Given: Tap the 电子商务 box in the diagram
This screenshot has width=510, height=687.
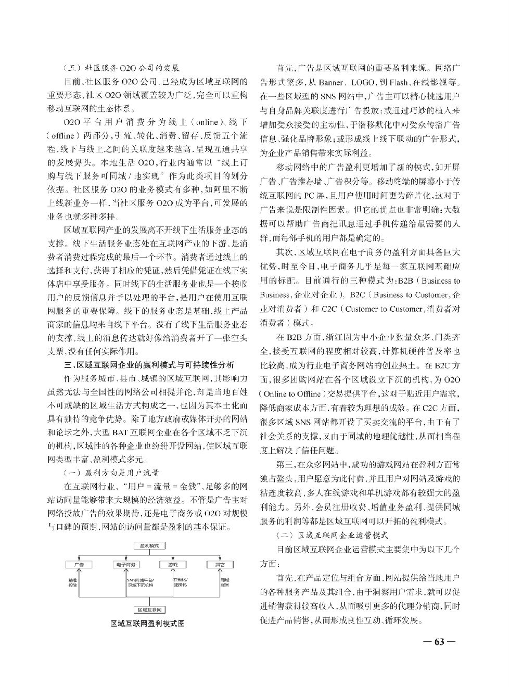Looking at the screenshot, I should pyautogui.click(x=125, y=564).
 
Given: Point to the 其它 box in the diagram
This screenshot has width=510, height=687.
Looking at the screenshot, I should pyautogui.click(x=219, y=564).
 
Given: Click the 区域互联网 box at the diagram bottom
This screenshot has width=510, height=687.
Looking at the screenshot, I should pyautogui.click(x=149, y=609).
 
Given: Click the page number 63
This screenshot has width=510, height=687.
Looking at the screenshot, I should pyautogui.click(x=439, y=641).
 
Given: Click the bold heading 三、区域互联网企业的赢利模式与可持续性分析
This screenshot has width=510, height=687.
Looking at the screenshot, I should pyautogui.click(x=148, y=365).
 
